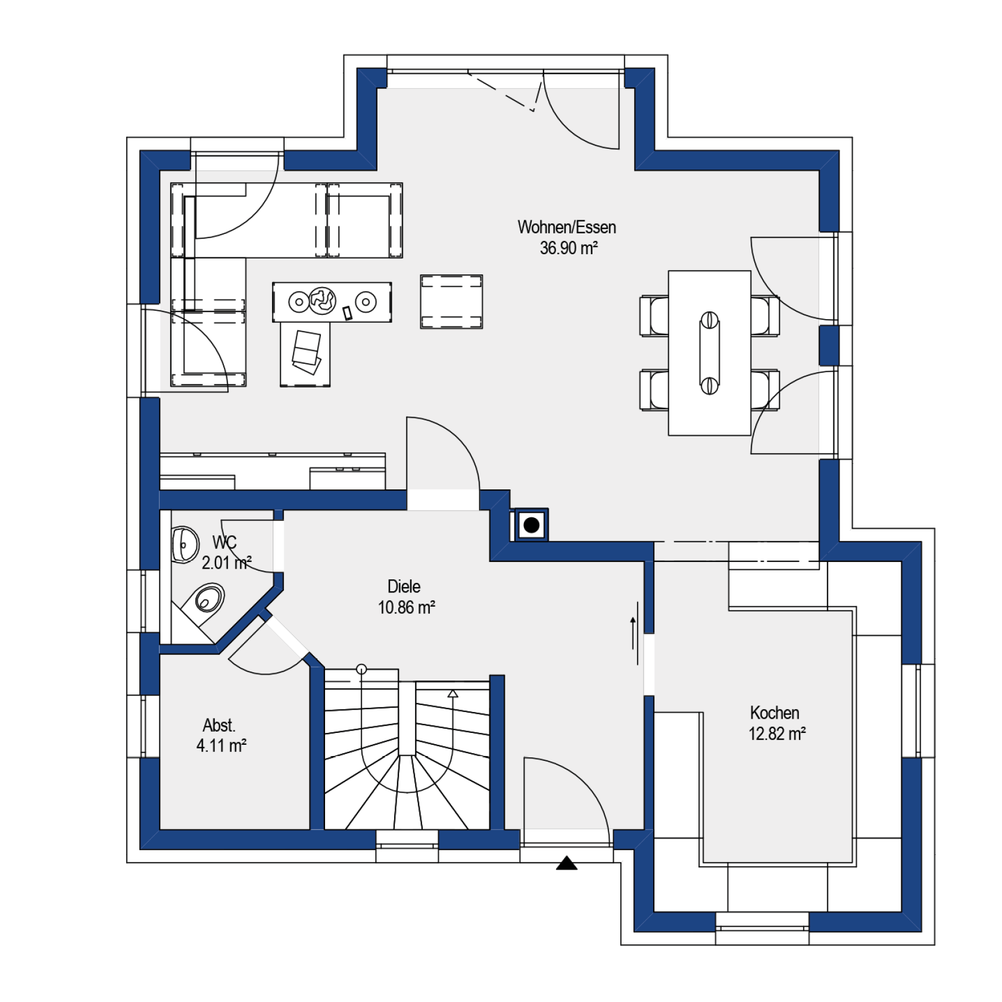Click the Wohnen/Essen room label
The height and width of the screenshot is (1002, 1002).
coord(566,227)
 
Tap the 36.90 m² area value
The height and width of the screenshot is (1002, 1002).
coord(568,248)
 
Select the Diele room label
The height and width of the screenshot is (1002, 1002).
coord(404,586)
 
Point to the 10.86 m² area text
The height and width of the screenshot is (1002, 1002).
coord(406,607)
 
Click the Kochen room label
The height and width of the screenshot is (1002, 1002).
coord(774,713)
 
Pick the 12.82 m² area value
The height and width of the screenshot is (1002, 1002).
coord(776,733)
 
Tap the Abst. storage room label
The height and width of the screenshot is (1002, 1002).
coord(219,725)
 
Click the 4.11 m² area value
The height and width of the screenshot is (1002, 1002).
coord(221,745)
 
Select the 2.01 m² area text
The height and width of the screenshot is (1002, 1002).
coord(226,563)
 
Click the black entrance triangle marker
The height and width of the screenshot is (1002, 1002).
coord(567,863)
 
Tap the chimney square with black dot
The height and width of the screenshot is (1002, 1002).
coord(531,525)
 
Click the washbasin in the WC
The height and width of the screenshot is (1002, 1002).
coord(185,544)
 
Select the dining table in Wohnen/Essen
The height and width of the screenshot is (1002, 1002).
coord(709,353)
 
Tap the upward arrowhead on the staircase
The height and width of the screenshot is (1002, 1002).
coord(453,693)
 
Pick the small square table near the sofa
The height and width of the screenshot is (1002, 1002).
coord(451,302)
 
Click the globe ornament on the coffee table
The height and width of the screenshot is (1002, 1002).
coord(321,301)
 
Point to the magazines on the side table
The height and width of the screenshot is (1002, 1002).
coord(307,352)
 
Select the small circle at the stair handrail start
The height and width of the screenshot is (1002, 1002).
coord(361,669)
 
